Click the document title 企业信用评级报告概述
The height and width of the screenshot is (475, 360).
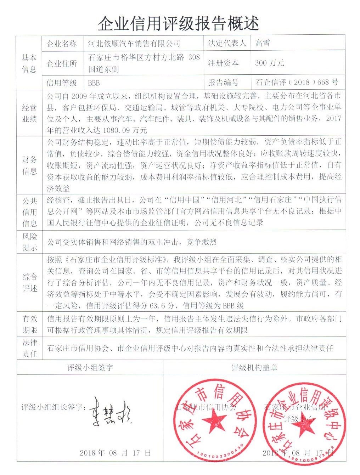click(x=179, y=24)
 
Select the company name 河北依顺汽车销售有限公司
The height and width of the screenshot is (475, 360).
click(x=134, y=44)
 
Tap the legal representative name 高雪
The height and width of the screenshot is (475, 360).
click(x=263, y=43)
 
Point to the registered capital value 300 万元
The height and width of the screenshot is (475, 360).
click(x=269, y=63)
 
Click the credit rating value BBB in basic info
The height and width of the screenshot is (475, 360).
click(x=94, y=83)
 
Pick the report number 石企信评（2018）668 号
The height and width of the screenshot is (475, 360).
click(x=297, y=83)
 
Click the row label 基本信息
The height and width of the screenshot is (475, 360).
click(x=29, y=63)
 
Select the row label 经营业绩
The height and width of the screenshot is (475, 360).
click(x=29, y=113)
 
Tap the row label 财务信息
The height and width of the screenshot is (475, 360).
click(x=29, y=165)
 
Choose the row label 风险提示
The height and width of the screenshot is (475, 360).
click(x=30, y=242)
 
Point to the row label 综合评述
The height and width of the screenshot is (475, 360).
click(x=30, y=283)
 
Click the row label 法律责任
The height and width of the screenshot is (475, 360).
click(x=30, y=348)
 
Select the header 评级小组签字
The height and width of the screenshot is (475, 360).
click(x=90, y=368)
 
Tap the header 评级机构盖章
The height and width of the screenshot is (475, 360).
click(x=254, y=368)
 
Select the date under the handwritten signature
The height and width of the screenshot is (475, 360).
click(x=115, y=453)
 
